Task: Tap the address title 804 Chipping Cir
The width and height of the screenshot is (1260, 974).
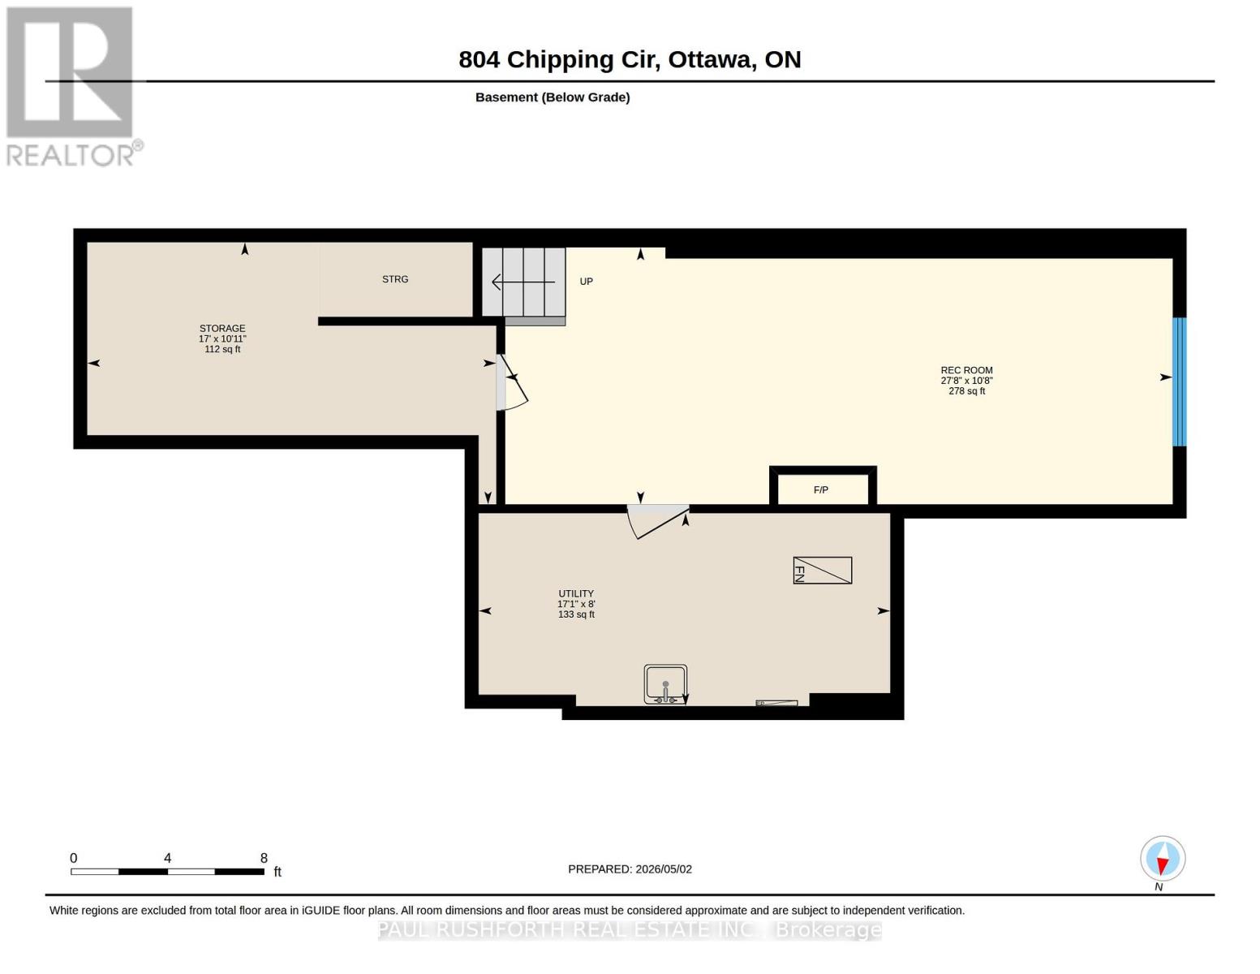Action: pos(559,60)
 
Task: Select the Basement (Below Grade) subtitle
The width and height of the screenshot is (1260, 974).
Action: pos(552,97)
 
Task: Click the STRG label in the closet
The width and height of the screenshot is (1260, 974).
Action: pos(395,279)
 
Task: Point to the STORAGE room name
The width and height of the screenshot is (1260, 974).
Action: pos(222,329)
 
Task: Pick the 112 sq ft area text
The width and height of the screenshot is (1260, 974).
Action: pos(222,349)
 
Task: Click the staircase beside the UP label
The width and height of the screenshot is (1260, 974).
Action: pos(523,286)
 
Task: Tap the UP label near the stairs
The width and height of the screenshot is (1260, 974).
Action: pos(587,282)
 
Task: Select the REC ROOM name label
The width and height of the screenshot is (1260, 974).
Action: pos(966,370)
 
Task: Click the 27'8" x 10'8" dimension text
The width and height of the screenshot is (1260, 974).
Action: pos(966,381)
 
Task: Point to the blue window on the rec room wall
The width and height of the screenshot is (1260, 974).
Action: pos(1180,381)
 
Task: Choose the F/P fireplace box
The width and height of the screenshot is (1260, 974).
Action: pos(822,486)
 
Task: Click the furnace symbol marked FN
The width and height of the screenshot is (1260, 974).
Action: pos(822,571)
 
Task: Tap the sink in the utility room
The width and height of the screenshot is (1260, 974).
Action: pos(665,684)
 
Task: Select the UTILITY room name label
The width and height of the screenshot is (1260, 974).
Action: pos(576,593)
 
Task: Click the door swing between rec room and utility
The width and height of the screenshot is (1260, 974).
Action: pos(657,521)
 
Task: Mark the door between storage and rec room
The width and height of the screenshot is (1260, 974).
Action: pos(511,382)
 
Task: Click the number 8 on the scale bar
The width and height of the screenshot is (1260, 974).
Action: pos(264,858)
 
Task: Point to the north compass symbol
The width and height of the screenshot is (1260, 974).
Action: pos(1162,859)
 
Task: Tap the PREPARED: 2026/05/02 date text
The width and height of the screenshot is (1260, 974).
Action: pos(630,869)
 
